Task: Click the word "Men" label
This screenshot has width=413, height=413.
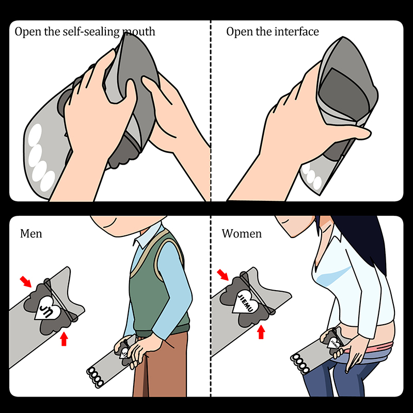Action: tap(31, 234)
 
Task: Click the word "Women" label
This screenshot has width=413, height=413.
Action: tap(242, 234)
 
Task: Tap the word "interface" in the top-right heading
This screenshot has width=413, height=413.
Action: tap(296, 31)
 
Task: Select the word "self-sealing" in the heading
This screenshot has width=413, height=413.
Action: tap(91, 32)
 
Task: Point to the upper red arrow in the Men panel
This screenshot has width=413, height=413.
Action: tap(26, 281)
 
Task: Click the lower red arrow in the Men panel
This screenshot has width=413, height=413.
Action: tap(64, 339)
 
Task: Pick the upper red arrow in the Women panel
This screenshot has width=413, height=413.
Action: tap(223, 275)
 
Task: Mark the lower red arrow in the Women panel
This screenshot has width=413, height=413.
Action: tap(261, 332)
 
